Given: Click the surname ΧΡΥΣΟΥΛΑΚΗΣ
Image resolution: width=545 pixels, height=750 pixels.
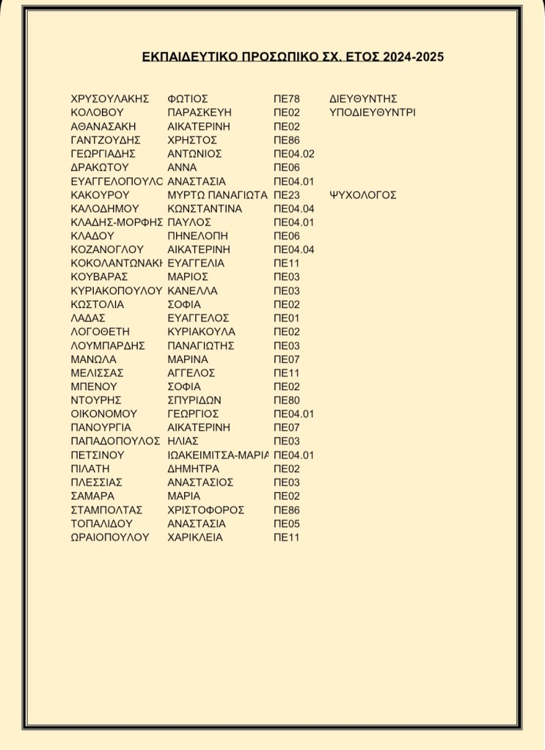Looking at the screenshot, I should click(110, 99).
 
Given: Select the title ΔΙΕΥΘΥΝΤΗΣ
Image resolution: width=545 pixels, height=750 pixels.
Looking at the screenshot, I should click(363, 99).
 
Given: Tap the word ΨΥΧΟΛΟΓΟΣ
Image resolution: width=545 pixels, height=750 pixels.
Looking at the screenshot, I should click(363, 195).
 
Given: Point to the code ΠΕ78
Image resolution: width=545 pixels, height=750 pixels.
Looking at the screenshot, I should click(287, 99).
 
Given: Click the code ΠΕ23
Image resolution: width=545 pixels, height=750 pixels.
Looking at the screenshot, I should click(287, 195).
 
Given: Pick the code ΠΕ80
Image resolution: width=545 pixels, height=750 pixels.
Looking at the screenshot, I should click(287, 400).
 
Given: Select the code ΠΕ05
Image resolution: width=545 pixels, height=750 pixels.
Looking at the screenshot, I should click(287, 524).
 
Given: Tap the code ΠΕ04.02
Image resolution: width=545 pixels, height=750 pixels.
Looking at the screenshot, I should click(293, 154).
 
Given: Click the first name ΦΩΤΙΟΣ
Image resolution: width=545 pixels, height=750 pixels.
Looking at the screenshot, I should click(189, 99).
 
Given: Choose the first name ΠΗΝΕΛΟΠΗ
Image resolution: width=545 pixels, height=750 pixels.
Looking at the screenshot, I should click(198, 236).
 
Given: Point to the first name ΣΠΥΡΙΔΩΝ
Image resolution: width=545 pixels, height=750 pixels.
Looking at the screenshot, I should click(194, 400).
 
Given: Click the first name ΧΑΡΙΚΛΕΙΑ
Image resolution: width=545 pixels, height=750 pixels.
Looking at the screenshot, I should click(195, 537).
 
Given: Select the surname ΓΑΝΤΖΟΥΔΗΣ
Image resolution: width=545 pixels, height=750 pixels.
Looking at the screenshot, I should click(106, 140).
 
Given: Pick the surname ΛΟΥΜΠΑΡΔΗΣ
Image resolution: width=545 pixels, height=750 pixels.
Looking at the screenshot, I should click(109, 345).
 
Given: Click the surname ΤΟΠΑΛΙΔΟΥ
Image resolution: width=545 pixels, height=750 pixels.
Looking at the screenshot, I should click(106, 524).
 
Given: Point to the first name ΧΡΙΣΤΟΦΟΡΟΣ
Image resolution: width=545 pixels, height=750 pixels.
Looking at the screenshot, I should click(206, 510).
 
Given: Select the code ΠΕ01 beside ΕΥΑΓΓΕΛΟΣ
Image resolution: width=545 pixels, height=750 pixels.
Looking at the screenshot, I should click(287, 318).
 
